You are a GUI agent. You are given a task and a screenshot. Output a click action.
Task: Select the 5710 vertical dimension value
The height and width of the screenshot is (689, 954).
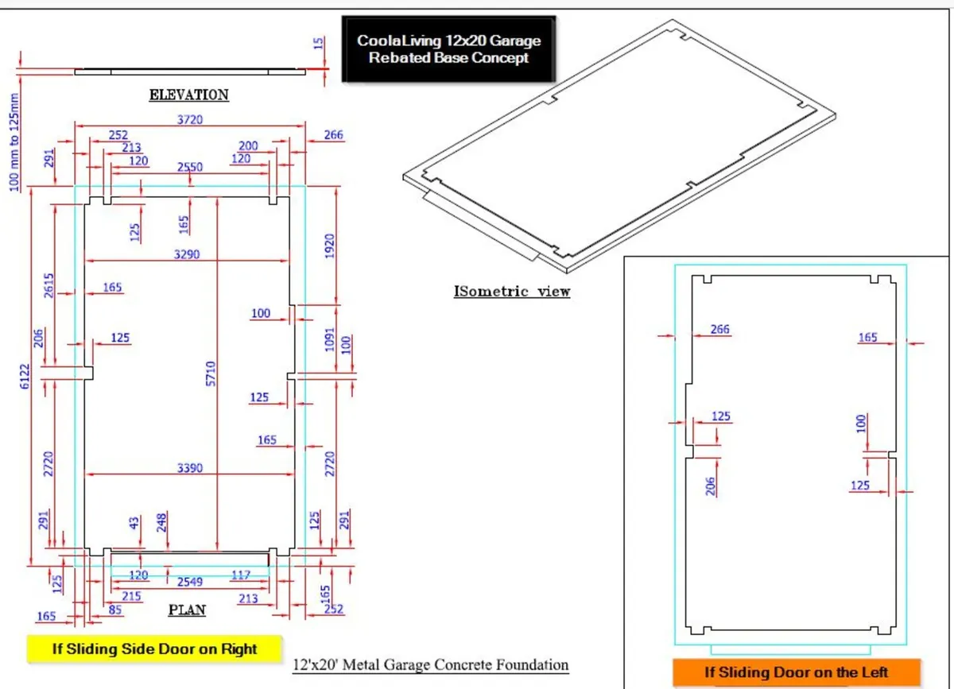tap(211, 374)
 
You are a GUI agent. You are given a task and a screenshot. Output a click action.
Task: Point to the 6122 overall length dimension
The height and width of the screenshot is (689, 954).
tap(25, 371)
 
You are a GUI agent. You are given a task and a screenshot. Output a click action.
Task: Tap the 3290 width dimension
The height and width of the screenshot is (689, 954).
tap(188, 254)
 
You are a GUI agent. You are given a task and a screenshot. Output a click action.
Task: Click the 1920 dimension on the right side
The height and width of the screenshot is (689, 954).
tap(331, 246)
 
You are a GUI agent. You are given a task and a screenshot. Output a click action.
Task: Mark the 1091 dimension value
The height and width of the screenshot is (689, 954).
tap(331, 339)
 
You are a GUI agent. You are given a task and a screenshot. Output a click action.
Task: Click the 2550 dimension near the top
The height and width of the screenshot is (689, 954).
tap(190, 168)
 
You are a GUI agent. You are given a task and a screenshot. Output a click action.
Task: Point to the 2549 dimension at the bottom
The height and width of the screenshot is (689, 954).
tap(190, 582)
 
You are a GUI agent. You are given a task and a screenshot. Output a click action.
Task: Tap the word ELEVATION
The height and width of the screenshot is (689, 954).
tap(189, 95)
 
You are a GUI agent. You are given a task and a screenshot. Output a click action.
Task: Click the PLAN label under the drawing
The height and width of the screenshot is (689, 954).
tap(187, 610)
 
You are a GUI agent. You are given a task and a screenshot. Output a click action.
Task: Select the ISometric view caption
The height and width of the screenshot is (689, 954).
tap(512, 291)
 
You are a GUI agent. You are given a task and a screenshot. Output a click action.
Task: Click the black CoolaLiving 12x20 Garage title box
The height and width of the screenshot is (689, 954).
tap(448, 48)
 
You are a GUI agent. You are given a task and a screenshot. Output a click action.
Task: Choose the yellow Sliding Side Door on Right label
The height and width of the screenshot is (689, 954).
tap(154, 648)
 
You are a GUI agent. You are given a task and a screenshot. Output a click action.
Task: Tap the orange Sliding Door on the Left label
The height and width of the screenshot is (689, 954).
tap(796, 672)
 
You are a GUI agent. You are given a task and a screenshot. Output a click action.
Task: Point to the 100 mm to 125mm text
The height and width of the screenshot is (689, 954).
tap(14, 141)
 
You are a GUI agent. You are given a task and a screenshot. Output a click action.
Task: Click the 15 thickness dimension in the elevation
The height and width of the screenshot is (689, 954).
tap(318, 44)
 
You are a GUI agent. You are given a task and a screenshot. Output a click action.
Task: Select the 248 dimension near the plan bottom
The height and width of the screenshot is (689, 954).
tap(162, 522)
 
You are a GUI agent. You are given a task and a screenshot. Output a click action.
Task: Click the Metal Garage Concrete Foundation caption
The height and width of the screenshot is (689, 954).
tap(431, 664)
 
